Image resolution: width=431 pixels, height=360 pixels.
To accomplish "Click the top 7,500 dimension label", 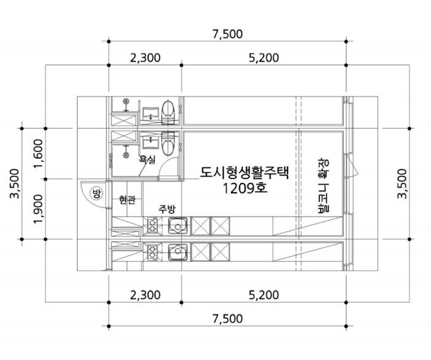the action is [228, 34].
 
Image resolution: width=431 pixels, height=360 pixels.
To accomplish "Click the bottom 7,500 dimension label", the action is [228, 319].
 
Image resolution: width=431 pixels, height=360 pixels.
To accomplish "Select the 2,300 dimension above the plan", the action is [145, 58].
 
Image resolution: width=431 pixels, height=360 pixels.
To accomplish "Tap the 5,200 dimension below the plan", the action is [264, 295].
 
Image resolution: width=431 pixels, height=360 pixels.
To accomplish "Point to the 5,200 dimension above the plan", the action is [264, 58].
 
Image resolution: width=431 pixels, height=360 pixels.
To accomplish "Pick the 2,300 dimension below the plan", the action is [145, 295].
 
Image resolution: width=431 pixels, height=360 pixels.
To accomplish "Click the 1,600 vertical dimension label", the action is [38, 154].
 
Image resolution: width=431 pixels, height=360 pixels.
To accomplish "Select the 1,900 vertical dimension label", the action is [38, 209].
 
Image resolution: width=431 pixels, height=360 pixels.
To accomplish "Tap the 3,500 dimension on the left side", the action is [15, 183].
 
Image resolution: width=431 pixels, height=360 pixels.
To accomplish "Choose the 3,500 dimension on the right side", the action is [401, 183].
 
